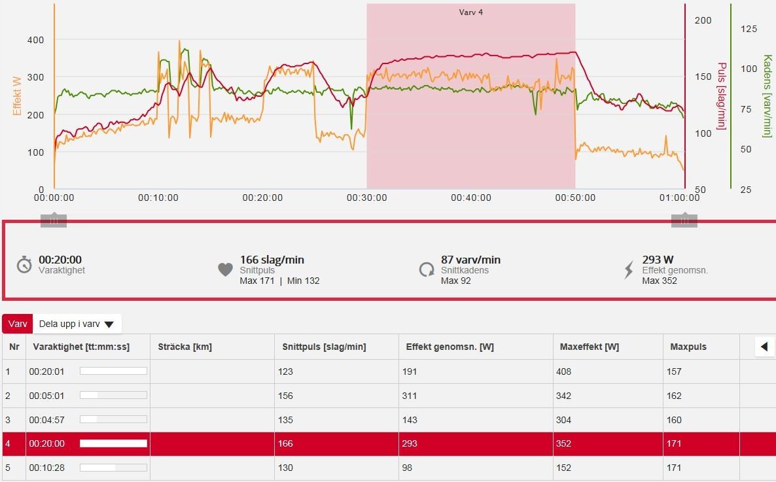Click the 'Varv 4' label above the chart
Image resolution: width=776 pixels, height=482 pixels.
pos(470,12)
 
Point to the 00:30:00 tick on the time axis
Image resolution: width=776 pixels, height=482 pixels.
pos(366,198)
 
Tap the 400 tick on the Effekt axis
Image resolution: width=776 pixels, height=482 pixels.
pos(35,40)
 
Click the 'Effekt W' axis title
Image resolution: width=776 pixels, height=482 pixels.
pos(17,96)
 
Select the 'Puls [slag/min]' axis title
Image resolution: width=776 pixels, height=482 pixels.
pos(722,96)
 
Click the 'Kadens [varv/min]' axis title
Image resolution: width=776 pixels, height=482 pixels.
pos(767,96)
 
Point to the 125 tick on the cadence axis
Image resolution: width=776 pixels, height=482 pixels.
pos(749,29)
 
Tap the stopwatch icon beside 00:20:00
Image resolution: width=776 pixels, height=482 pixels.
pos(24,265)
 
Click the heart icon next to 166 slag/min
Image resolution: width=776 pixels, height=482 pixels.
pos(225,269)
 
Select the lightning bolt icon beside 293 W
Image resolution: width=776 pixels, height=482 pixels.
pos(629,269)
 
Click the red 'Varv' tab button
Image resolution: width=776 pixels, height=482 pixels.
pos(18,324)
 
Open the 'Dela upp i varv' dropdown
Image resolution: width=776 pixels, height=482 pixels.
pos(77,324)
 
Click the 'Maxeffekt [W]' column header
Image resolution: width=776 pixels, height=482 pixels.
pos(590,347)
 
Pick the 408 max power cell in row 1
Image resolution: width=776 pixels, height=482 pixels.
pos(563,371)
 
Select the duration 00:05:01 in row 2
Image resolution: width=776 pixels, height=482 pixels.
pos(46,396)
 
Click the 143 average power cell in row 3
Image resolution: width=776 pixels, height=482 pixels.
pos(410,420)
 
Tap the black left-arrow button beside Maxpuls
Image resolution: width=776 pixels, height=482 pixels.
pos(764,347)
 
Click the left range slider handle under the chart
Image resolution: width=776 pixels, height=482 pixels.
pos(54,220)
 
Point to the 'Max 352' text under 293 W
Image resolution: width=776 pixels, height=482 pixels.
pos(659,281)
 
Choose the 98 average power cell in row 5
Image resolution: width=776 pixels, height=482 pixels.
pos(407,468)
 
